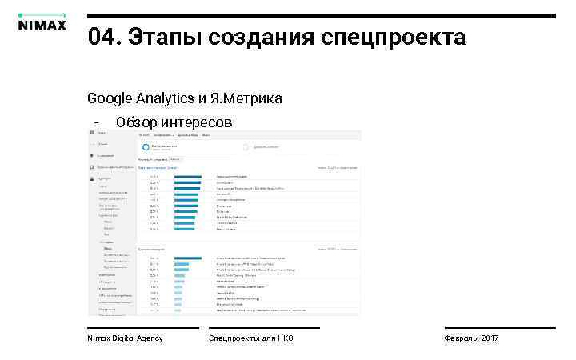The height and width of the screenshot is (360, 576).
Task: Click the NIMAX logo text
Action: (x=41, y=23)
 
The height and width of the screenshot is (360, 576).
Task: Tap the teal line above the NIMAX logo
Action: (x=41, y=14)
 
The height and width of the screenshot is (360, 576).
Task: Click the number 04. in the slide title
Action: (x=105, y=37)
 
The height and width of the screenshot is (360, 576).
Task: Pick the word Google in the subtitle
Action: (x=109, y=98)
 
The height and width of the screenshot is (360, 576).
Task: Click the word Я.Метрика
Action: (x=246, y=98)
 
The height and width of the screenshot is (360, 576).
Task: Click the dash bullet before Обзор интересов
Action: (x=96, y=123)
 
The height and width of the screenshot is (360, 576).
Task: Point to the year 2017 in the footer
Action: (x=490, y=338)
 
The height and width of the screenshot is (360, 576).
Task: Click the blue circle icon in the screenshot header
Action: (x=146, y=147)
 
